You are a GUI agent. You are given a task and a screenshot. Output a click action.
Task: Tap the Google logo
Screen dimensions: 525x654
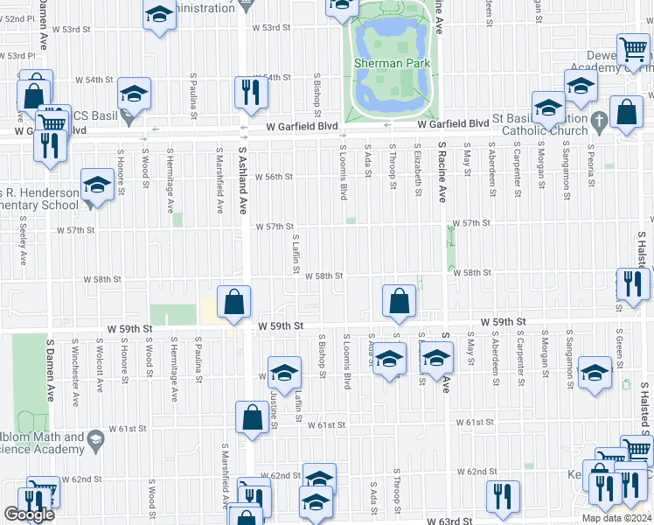tap(29, 514)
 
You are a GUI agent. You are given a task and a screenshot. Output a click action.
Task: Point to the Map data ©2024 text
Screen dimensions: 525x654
tap(616, 518)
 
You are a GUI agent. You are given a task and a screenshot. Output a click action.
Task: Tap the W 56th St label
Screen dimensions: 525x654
tap(274, 177)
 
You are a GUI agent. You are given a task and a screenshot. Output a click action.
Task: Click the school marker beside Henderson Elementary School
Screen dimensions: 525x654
tap(96, 185)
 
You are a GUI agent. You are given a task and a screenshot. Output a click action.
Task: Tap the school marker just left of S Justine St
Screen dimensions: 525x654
tap(283, 374)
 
